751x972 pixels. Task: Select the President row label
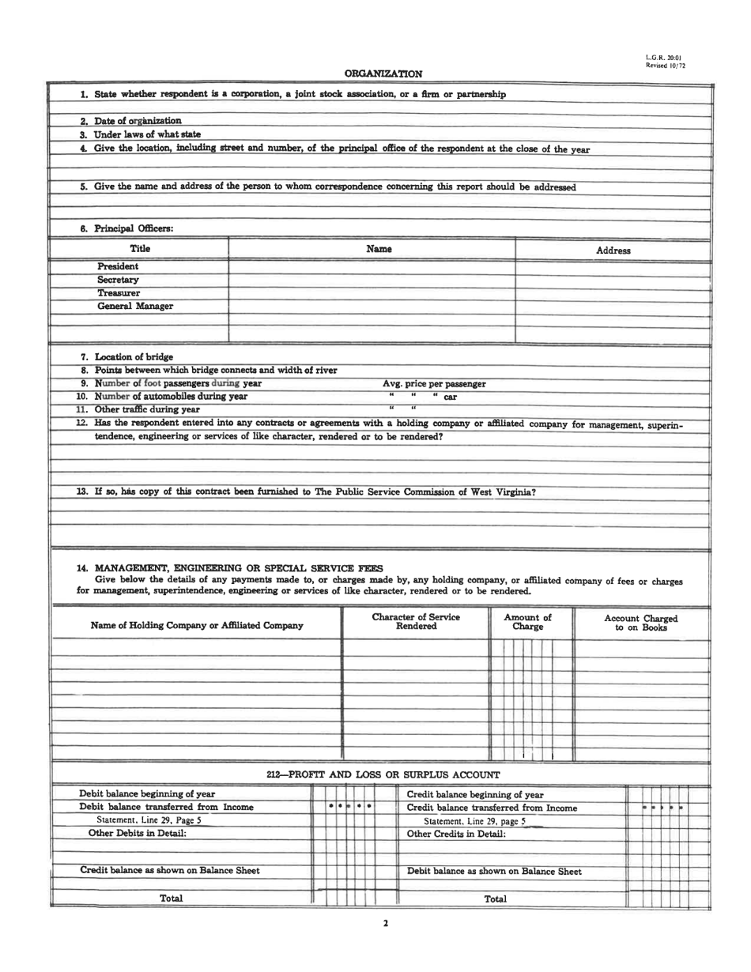118,266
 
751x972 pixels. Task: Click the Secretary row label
118,280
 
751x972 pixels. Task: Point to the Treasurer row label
119,293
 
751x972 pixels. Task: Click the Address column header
613,251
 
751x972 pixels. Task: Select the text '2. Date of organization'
130,121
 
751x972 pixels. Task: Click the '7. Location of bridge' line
126,357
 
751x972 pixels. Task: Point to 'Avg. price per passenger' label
434,384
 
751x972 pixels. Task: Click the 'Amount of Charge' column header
528,622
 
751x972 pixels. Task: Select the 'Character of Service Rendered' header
416,622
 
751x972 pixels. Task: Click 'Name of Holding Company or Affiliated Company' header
197,626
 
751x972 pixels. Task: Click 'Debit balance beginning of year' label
148,793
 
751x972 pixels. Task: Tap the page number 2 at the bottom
385,923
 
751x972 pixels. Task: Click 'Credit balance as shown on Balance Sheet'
170,870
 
